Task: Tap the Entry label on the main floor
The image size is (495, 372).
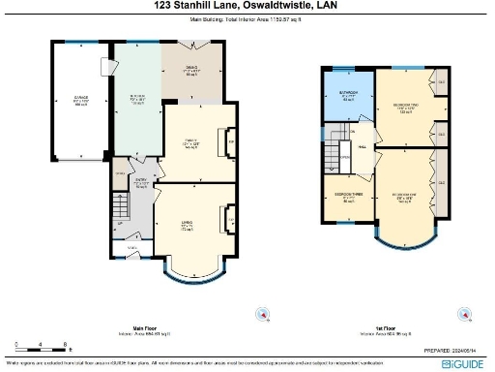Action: (x=139, y=182)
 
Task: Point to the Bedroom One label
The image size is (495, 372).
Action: (x=404, y=199)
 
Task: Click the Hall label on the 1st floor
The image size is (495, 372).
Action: (x=362, y=147)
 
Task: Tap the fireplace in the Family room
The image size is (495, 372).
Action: (x=230, y=146)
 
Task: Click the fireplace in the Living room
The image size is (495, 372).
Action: (x=230, y=219)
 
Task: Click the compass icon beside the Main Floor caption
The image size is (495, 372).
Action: (x=260, y=314)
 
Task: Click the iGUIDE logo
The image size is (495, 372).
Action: (x=462, y=362)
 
